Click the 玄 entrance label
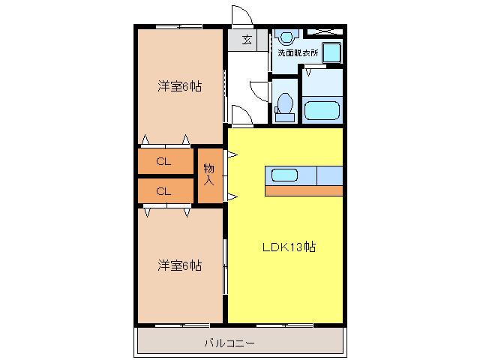(246, 40)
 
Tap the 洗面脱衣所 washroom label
(298, 53)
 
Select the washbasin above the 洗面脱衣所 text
(286, 37)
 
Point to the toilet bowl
(284, 103)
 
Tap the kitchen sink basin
(285, 175)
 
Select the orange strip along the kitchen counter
(304, 190)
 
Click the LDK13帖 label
(288, 247)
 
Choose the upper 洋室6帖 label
(179, 86)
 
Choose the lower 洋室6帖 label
(179, 265)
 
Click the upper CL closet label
(163, 161)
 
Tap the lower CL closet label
(163, 191)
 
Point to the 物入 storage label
(209, 176)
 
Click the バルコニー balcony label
(229, 343)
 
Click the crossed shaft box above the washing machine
(325, 31)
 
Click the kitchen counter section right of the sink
(330, 175)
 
